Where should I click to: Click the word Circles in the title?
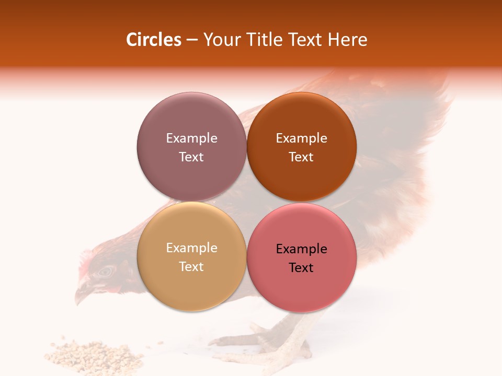coord(153,40)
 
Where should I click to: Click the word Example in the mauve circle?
coord(191,138)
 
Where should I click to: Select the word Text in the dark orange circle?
coord(301,157)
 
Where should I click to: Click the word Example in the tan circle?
coord(191,248)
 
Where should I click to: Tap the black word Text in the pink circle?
coord(301,267)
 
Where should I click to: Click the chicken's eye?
coord(107,271)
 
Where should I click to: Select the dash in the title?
coord(192,40)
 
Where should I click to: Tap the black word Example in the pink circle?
coord(301,249)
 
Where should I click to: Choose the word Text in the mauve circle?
coord(191,157)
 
